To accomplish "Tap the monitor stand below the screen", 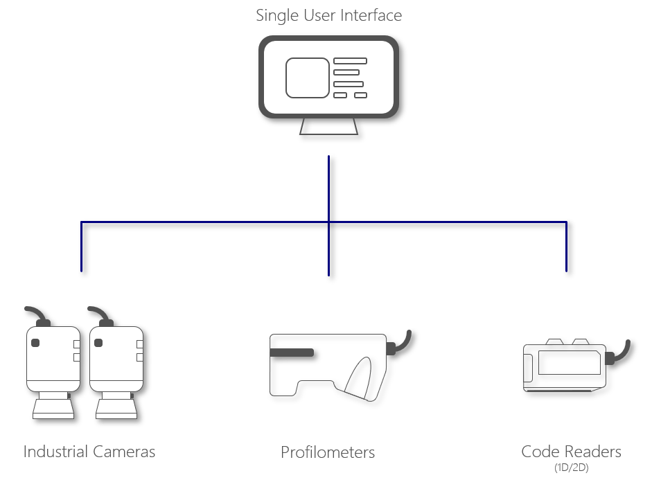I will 328,127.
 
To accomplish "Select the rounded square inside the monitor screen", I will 308,78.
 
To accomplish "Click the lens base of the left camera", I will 52,406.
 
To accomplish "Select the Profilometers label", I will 328,453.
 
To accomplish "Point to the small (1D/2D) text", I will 572,468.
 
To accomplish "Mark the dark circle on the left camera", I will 35,343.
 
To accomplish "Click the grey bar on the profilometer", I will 292,353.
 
